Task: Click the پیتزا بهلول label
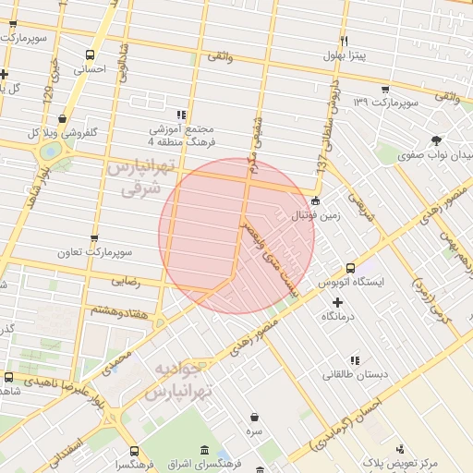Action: click(x=345, y=56)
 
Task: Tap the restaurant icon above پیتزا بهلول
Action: click(x=344, y=41)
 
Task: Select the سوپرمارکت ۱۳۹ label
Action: click(x=386, y=101)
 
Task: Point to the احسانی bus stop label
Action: click(x=90, y=69)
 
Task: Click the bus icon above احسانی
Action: click(x=90, y=55)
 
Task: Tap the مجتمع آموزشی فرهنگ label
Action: click(x=181, y=135)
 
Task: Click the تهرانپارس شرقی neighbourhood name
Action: click(x=139, y=176)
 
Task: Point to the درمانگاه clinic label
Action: click(x=338, y=316)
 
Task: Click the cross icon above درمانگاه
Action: click(x=337, y=302)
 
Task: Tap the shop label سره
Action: click(x=254, y=431)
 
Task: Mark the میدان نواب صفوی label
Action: click(x=435, y=154)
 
